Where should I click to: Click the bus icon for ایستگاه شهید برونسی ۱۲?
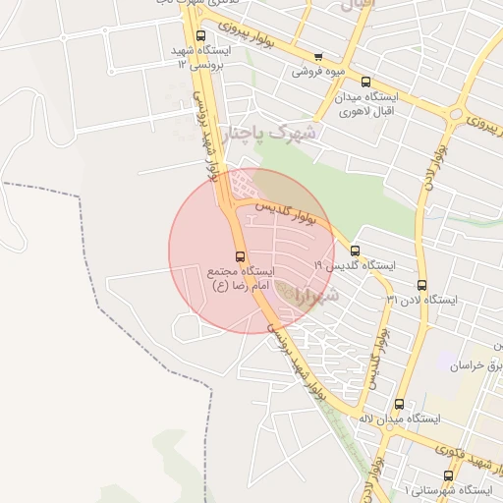point(201,35)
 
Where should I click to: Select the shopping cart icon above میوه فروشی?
point(316,57)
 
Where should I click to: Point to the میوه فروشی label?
point(316,73)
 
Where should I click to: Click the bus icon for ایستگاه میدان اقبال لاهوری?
point(366,83)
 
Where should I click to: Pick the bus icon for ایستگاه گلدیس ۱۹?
point(355,250)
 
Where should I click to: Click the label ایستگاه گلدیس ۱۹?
point(354,265)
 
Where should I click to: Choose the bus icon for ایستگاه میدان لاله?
point(399,403)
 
